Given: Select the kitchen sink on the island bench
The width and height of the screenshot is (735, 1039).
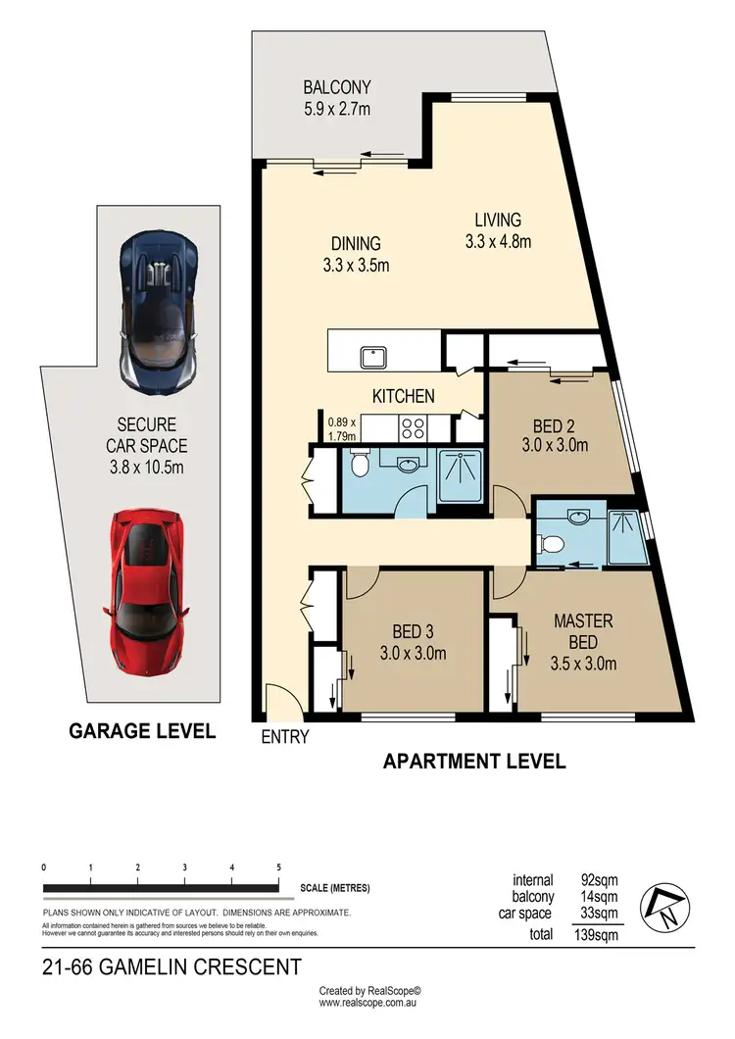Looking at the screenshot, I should [x=371, y=356].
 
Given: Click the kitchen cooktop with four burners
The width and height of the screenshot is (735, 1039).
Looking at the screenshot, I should [x=413, y=428].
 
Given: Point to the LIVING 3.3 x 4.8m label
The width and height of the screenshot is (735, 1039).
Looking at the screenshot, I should [x=498, y=230].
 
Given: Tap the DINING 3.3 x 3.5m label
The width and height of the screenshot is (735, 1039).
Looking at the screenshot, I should [x=356, y=255].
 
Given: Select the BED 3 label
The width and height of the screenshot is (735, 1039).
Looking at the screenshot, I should [x=413, y=643].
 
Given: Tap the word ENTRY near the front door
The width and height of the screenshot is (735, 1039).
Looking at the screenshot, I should [x=285, y=737].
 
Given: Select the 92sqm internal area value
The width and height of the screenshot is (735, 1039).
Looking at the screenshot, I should [x=599, y=880].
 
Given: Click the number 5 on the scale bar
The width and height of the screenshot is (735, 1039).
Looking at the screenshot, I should [x=279, y=867].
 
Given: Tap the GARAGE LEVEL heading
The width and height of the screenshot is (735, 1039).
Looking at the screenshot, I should [x=141, y=731].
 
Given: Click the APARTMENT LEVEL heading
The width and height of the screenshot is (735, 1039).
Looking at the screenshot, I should [x=473, y=761].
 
